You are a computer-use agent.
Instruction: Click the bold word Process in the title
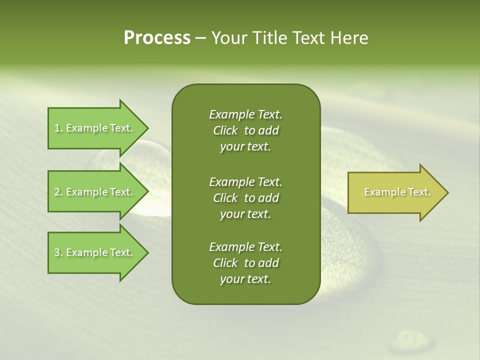point(157,38)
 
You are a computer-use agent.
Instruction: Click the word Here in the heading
point(348,38)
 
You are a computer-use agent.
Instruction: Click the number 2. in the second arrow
point(58,192)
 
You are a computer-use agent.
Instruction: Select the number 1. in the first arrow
point(58,128)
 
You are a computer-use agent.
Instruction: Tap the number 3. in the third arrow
point(58,252)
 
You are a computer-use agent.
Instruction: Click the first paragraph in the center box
point(245,130)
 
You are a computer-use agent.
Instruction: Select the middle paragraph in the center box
point(245,197)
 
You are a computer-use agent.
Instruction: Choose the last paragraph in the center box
point(245,263)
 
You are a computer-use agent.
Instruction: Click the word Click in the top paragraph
point(225,130)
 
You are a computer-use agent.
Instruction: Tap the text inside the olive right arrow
point(397,192)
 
